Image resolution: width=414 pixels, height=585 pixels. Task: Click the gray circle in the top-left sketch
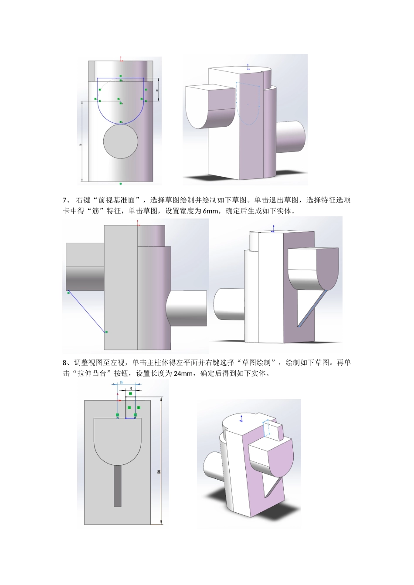point(121,141)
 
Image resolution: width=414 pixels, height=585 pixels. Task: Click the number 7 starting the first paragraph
point(65,200)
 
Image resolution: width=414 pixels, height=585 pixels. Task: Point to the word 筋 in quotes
point(95,211)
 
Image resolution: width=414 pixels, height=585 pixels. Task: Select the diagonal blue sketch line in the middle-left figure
point(87,312)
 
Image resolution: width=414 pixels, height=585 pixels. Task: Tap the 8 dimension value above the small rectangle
point(131,387)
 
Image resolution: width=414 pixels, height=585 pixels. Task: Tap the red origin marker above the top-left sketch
point(121,58)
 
